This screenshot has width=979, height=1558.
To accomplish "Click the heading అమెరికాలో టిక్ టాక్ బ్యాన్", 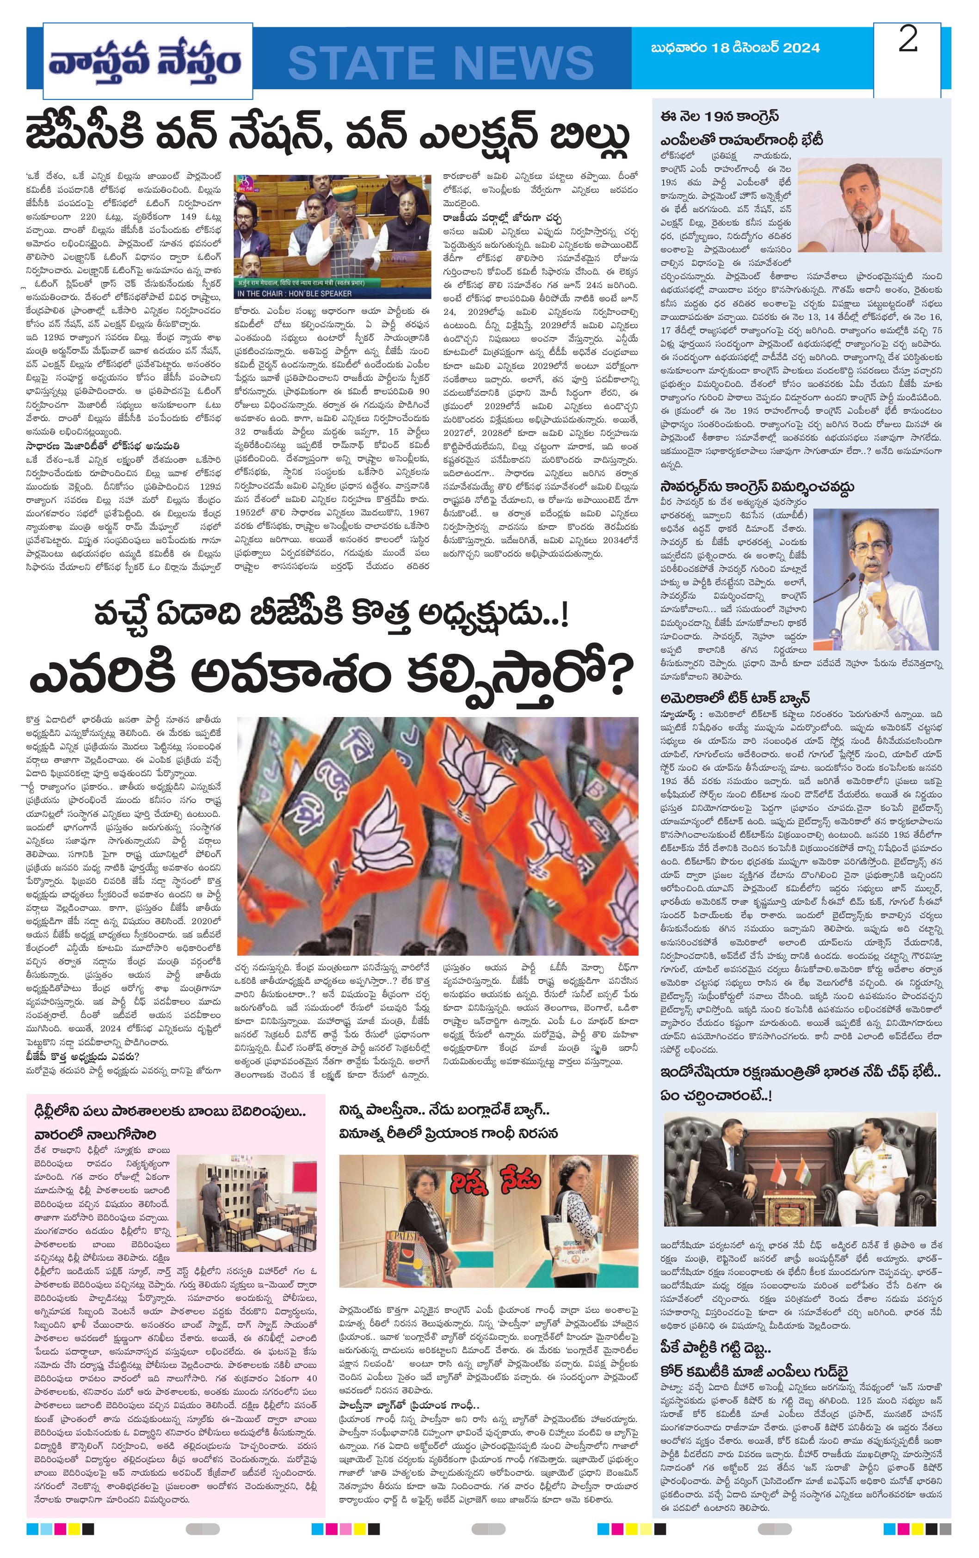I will click(x=735, y=698).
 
